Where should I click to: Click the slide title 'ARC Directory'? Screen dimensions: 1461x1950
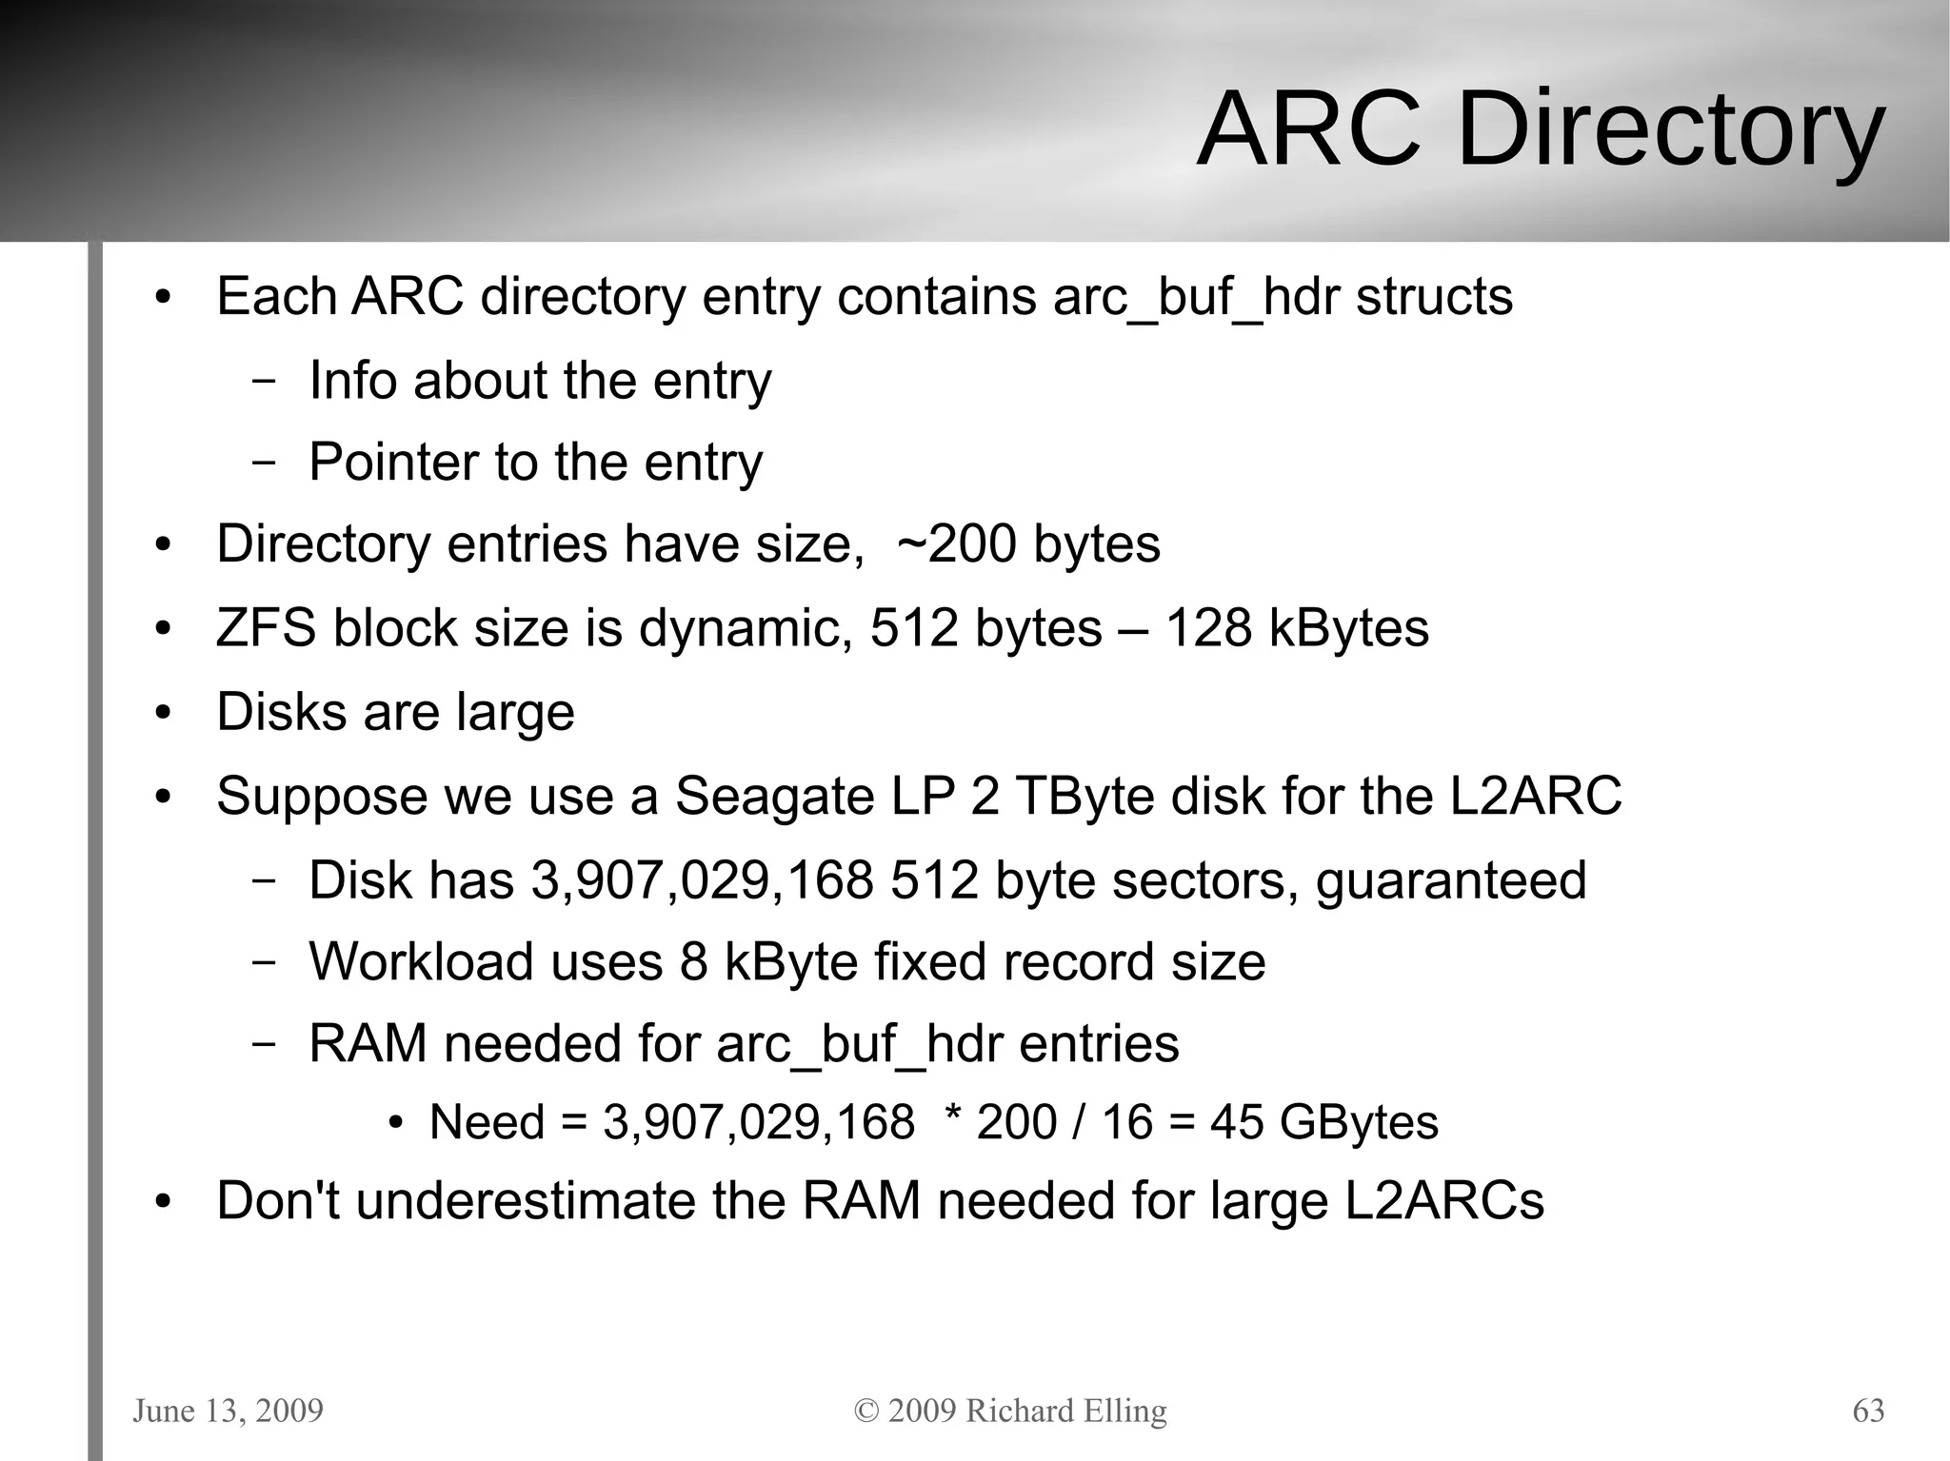(1540, 129)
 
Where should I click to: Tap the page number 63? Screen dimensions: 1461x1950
(1868, 1411)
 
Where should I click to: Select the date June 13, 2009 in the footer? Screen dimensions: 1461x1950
(228, 1411)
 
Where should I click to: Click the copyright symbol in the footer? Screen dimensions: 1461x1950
(866, 1411)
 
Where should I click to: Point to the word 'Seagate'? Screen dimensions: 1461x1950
(774, 796)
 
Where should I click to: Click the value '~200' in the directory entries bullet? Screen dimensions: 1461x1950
(956, 544)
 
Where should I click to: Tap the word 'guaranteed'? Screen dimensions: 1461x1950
(1451, 880)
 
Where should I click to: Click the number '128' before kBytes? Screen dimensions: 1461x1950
(1208, 628)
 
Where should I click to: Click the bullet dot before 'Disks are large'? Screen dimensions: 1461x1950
(164, 713)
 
